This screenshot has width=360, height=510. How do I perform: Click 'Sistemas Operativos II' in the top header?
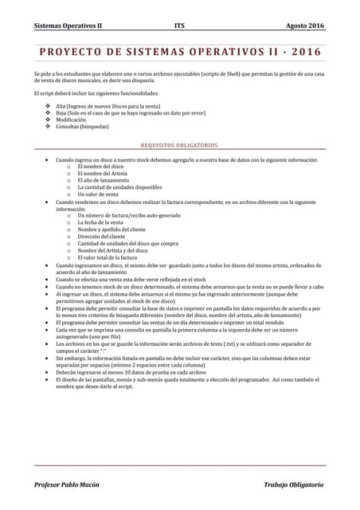coord(68,25)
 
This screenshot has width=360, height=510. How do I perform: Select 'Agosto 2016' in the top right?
coord(306,25)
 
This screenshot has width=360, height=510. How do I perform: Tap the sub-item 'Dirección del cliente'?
coord(102,237)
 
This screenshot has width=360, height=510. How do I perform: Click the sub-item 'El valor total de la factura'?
coord(108,257)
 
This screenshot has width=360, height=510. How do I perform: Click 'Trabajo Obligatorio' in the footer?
coord(294,484)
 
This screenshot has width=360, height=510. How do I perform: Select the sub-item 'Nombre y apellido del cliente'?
coord(112,229)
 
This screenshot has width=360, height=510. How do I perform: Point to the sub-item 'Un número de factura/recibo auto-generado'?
coord(129,216)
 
